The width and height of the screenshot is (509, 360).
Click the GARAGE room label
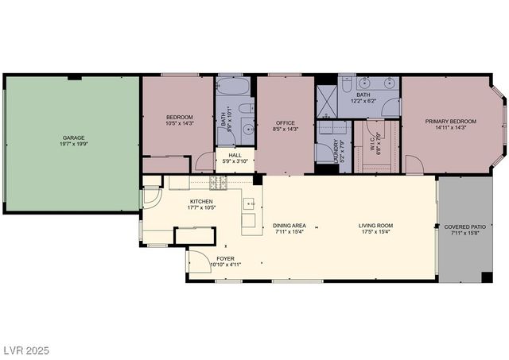73,137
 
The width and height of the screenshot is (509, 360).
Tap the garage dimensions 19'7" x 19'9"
73,145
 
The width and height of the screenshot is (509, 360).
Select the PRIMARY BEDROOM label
450,122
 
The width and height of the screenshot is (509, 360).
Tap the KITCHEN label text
201,202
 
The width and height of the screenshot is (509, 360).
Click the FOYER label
225,258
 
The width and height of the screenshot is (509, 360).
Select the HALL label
235,156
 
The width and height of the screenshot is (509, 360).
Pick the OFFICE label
285,122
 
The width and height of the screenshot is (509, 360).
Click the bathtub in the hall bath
233,87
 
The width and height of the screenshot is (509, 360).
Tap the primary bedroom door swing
414,165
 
